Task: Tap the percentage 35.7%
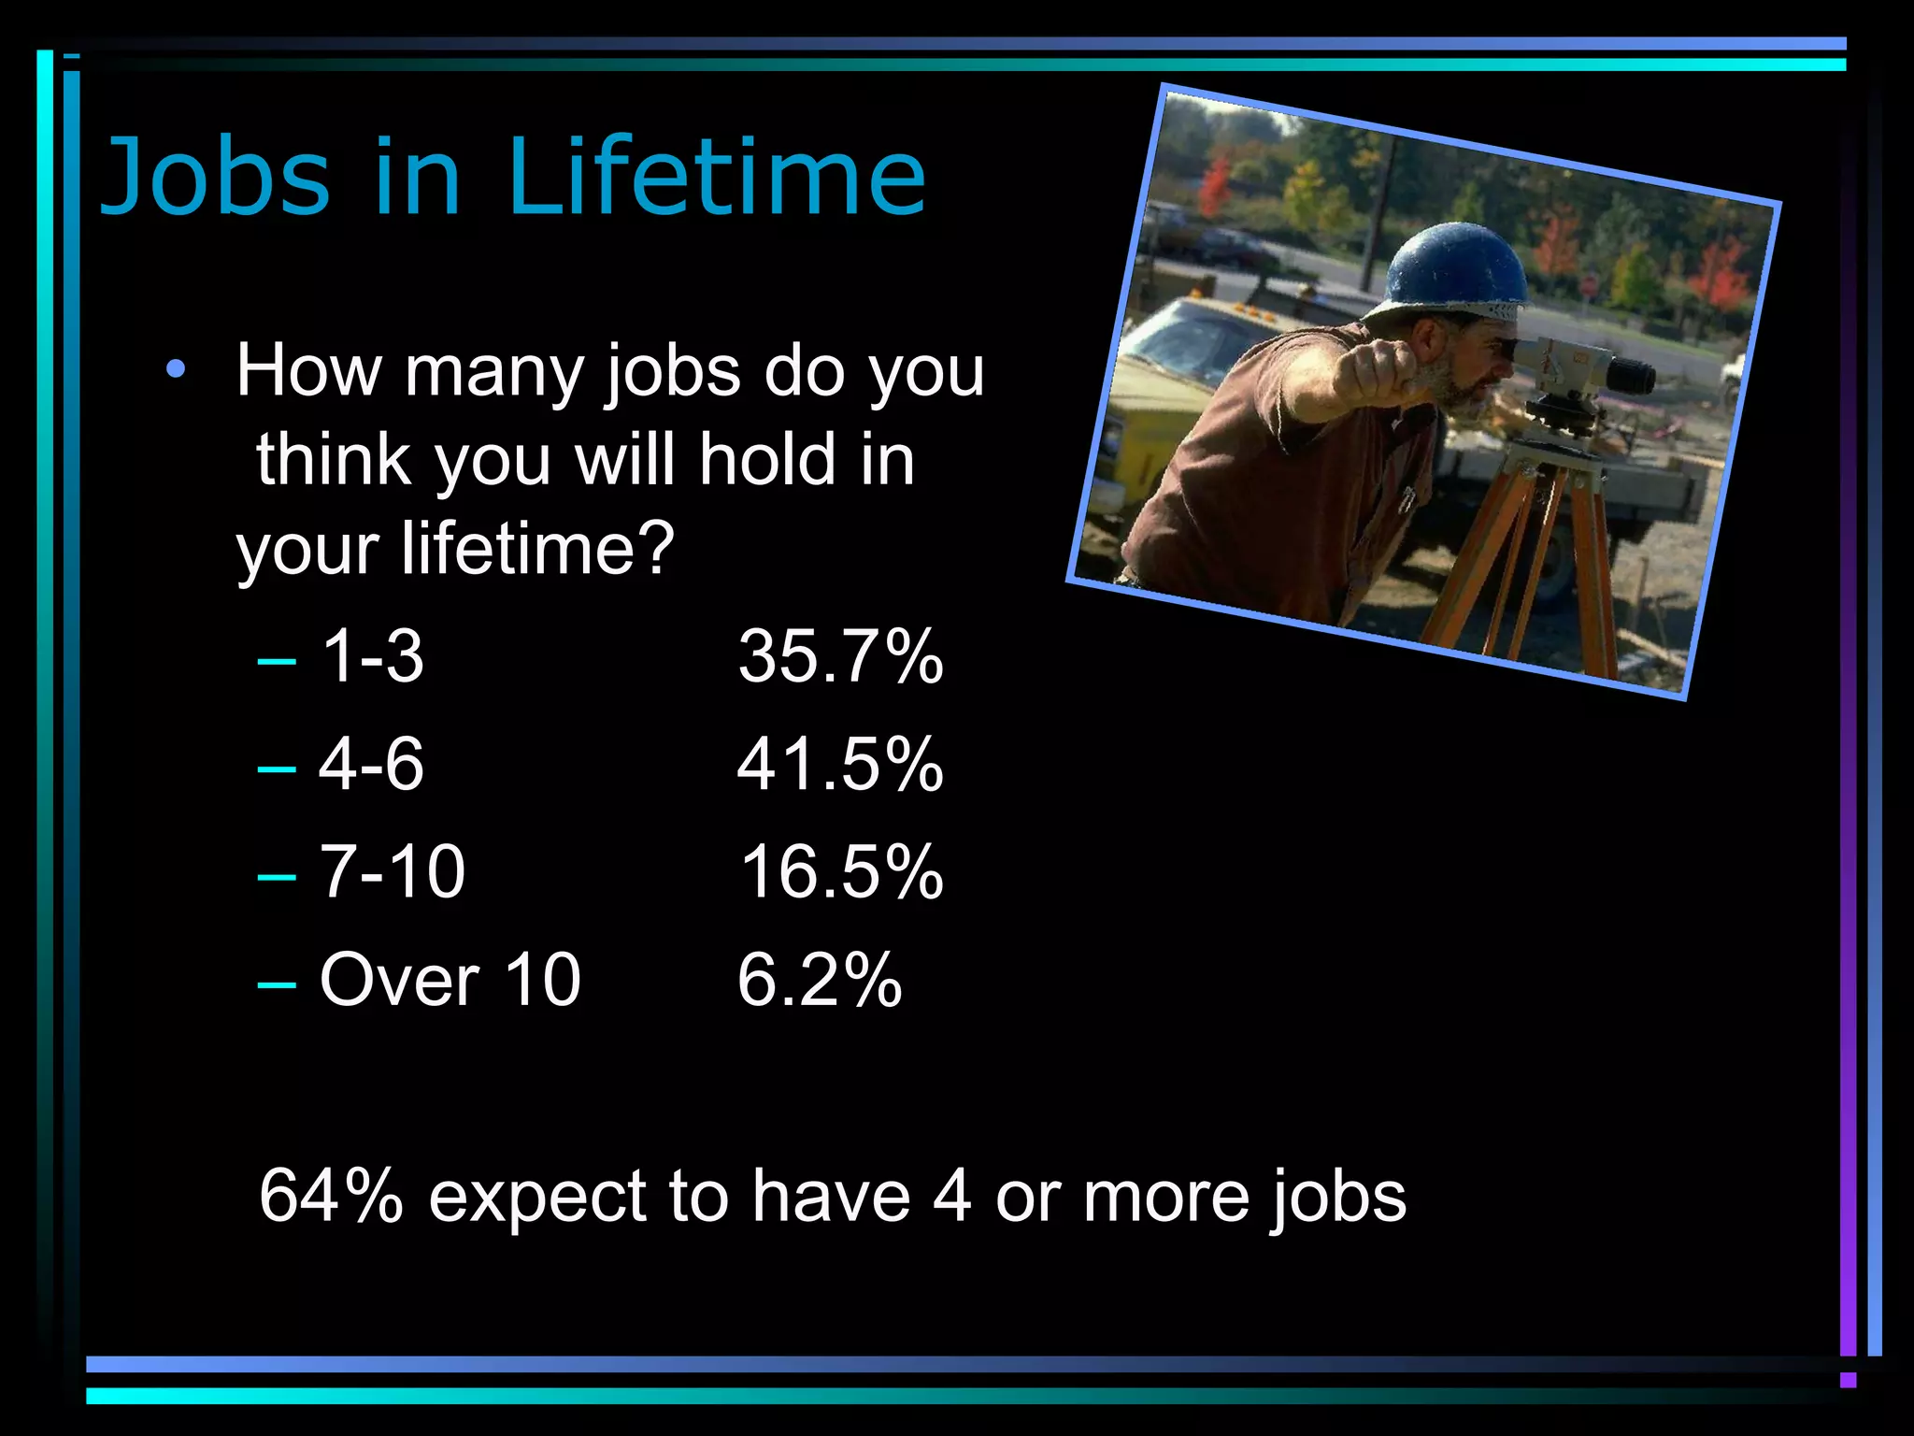click(839, 656)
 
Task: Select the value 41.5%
click(839, 764)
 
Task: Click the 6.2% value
click(819, 980)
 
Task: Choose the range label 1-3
click(372, 656)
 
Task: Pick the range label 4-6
click(371, 764)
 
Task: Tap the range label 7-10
click(393, 871)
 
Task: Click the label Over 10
click(450, 980)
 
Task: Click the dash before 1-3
click(277, 661)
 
